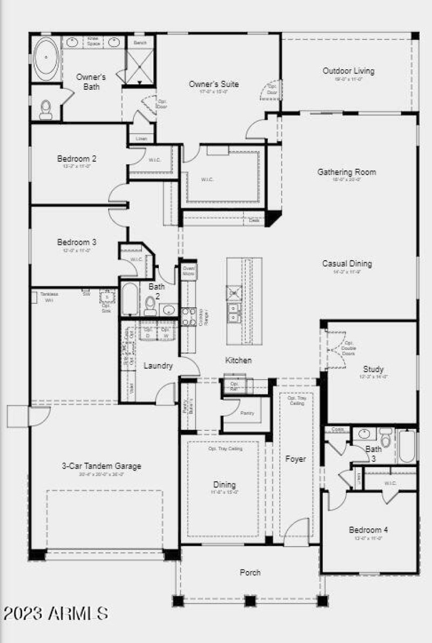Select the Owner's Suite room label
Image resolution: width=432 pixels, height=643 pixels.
213,84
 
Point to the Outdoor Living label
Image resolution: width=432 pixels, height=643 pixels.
348,71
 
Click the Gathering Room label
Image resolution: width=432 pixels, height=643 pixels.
346,172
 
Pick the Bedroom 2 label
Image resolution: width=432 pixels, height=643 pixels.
77,158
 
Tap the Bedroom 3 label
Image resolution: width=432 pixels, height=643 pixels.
77,242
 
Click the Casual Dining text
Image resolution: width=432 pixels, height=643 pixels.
347,264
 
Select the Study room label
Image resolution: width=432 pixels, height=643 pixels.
373,369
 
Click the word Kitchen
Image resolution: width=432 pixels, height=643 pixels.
238,360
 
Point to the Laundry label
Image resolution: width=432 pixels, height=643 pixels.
158,366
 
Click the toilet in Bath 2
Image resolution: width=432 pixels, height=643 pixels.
150,306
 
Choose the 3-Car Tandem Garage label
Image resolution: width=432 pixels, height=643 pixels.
102,466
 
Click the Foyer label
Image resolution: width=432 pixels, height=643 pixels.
295,459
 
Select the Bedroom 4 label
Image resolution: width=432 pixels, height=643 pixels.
368,529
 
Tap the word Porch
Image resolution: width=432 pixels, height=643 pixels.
250,572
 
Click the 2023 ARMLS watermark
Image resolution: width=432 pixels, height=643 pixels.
56,613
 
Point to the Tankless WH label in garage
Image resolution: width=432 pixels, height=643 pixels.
49,296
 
